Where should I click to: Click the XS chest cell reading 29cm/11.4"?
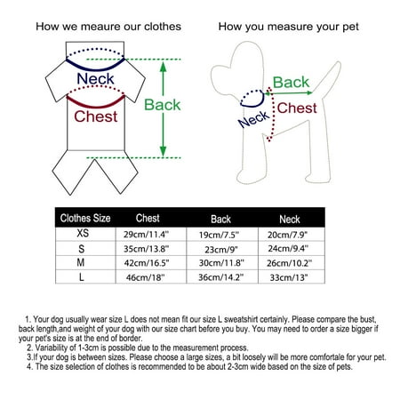[146, 235]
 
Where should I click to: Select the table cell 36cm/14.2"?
[220, 277]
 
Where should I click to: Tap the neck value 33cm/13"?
[289, 277]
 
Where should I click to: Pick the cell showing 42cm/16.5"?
[147, 263]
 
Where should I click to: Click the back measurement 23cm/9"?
[221, 250]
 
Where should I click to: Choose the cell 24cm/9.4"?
[288, 248]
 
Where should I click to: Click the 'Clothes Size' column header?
[85, 218]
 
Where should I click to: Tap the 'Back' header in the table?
[220, 220]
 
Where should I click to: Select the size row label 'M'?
[81, 262]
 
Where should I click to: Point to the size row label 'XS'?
[83, 233]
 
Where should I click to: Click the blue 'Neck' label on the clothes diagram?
[95, 78]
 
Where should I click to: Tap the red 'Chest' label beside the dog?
[297, 108]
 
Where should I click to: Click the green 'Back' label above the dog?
[291, 82]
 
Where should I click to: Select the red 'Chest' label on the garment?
[96, 116]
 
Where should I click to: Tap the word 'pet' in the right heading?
[350, 28]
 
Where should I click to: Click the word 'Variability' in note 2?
[50, 348]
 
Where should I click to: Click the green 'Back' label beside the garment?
[163, 105]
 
